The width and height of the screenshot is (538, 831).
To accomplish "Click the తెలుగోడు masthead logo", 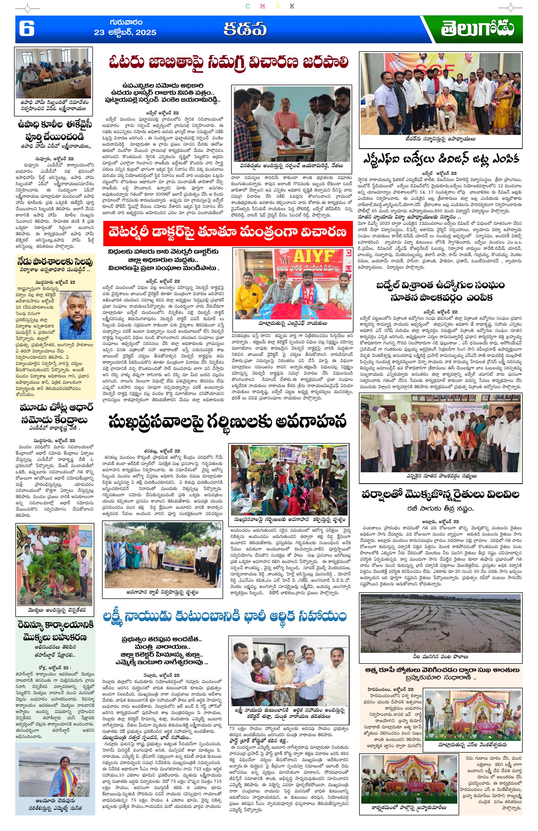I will (x=477, y=29).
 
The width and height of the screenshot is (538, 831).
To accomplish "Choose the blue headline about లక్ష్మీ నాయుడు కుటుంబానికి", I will (x=224, y=616).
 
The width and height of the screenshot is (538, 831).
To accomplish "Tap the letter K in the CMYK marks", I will (x=292, y=6).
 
